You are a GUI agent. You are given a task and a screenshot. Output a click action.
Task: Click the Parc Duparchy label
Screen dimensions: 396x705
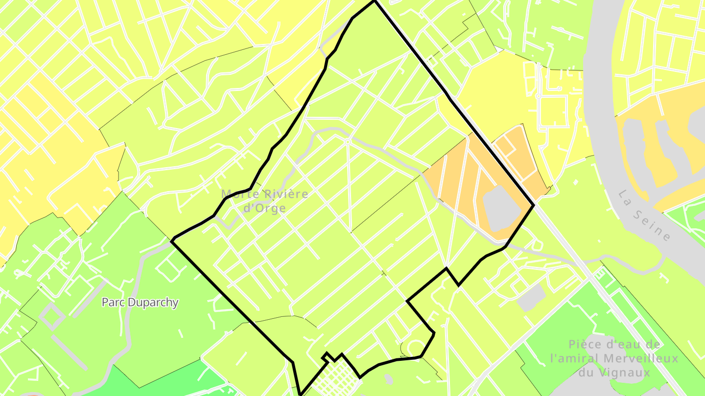[140, 302]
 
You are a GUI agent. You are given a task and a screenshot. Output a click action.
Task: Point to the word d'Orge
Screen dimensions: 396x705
[265, 208]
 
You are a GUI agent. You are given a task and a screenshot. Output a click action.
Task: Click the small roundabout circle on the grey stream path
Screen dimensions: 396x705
[347, 142]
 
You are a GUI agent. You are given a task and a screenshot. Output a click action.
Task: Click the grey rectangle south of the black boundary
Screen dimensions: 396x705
[531, 297]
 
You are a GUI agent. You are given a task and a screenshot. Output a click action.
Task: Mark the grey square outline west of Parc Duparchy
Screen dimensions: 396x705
[52, 315]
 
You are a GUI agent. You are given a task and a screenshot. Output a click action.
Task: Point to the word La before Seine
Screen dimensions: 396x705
[624, 197]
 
